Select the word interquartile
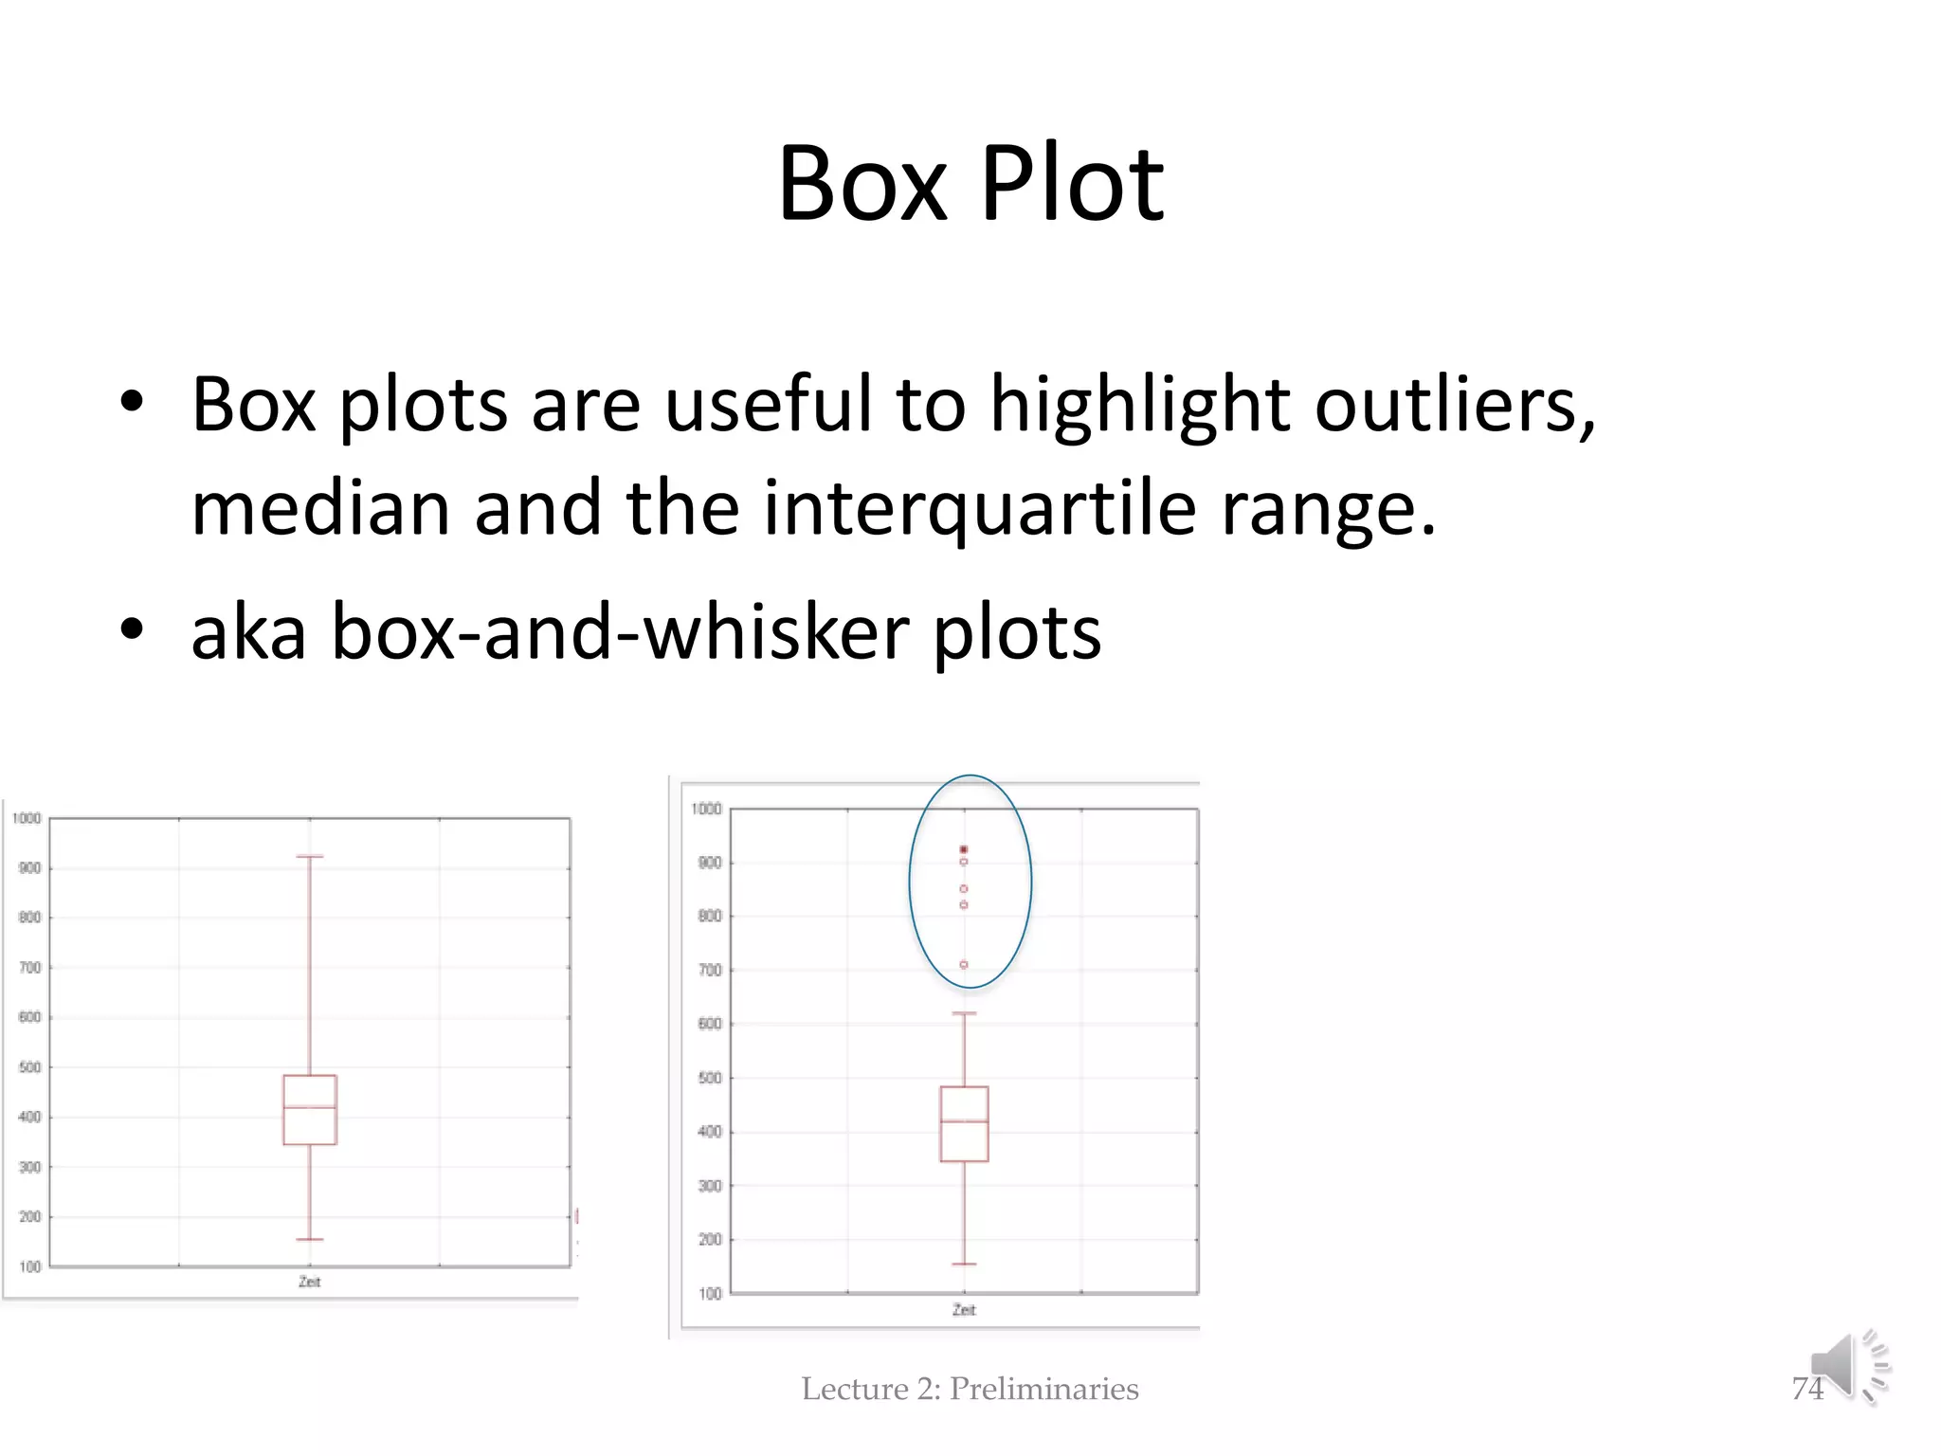click(979, 509)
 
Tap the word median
click(319, 509)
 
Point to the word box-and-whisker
click(620, 632)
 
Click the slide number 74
click(1807, 1389)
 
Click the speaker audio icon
click(1848, 1367)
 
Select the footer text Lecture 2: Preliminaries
click(970, 1389)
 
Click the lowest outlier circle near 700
click(964, 965)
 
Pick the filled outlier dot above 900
click(964, 849)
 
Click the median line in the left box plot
click(310, 1107)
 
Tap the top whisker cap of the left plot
click(310, 857)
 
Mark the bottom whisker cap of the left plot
click(310, 1239)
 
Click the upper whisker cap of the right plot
click(964, 1013)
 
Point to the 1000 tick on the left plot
click(27, 818)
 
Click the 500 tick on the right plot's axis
click(709, 1078)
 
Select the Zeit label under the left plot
click(310, 1282)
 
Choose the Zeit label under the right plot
click(964, 1310)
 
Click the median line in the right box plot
click(964, 1121)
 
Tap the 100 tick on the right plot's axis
click(709, 1294)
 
